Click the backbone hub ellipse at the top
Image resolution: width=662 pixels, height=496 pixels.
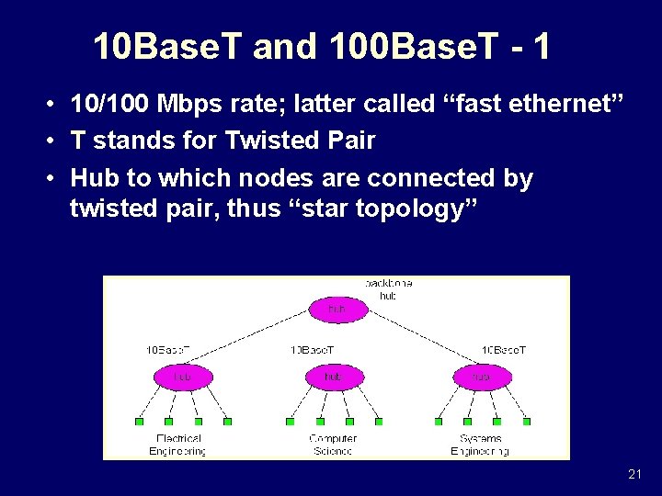coord(337,310)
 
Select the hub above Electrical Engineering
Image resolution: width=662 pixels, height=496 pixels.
coord(181,377)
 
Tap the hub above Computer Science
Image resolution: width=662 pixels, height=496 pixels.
coord(332,377)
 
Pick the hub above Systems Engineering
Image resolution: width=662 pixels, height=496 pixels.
coord(481,377)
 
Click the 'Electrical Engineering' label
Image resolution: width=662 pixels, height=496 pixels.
coord(178,445)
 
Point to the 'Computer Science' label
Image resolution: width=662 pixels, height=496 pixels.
coord(332,445)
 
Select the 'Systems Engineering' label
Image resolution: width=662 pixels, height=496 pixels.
coord(481,445)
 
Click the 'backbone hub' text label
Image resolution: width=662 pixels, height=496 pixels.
coord(388,289)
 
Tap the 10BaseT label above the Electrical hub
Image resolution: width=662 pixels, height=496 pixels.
coord(169,350)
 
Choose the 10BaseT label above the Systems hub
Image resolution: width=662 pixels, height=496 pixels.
coord(504,350)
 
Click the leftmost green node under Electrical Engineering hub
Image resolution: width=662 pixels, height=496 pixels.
coord(140,422)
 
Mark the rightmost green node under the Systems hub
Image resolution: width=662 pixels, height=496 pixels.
coord(526,422)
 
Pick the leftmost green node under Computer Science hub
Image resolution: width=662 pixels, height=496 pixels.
coord(290,422)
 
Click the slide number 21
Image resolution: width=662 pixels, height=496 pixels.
coord(634,474)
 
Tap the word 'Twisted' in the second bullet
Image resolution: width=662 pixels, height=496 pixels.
coord(268,141)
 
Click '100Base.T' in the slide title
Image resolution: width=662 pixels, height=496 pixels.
coord(401,47)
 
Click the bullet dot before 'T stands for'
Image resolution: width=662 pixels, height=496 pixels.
coord(54,141)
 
